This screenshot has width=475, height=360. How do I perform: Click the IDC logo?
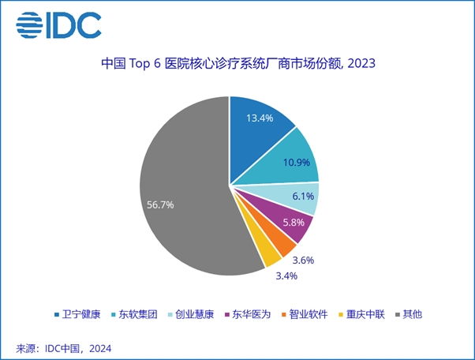tap(58, 25)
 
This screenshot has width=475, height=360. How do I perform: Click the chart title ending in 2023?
tap(238, 64)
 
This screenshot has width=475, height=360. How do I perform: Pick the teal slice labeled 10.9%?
tap(291, 160)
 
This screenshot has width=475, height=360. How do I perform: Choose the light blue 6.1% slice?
tap(297, 197)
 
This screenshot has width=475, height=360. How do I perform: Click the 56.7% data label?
tap(160, 204)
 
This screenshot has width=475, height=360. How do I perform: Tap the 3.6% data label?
tap(303, 260)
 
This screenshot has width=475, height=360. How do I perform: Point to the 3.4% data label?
tap(286, 276)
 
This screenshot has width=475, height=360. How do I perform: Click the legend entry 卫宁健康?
tap(77, 314)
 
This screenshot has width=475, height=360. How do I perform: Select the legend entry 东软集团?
tap(134, 314)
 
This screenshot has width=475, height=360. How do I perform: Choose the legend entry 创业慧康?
tap(191, 314)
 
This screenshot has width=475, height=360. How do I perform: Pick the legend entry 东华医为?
tap(248, 314)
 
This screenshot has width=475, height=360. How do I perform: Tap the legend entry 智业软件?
tap(305, 314)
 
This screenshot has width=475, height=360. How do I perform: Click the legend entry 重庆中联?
tap(361, 314)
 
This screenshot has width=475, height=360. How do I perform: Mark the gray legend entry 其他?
tap(409, 314)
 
